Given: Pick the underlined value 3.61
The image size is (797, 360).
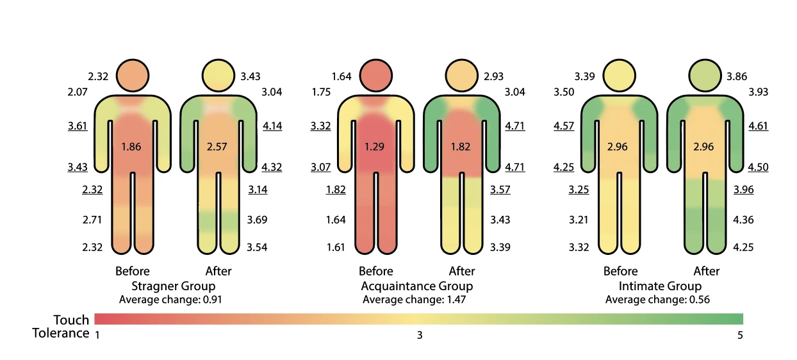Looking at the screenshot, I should tap(78, 126).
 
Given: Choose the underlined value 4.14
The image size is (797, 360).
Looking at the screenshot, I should tap(272, 126).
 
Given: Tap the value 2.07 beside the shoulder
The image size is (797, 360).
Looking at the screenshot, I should tap(78, 92).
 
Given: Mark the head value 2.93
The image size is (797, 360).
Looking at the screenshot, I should tap(493, 77).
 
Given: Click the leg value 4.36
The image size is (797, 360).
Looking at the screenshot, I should tap(744, 220).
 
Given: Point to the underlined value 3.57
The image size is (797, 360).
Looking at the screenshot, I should tap(500, 190).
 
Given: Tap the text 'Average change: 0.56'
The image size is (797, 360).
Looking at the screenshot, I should tap(657, 300).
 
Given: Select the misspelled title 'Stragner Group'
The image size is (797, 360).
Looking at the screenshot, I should tap(173, 286).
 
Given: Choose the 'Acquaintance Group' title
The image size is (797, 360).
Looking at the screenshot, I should tap(416, 286).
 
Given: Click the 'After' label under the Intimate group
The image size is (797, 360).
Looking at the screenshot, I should tap(707, 271).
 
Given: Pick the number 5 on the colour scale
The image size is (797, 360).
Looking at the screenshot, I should tap(740, 335).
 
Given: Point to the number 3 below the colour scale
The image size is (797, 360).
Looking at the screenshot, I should tap(420, 335).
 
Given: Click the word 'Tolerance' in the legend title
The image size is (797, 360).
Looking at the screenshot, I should tap(61, 333).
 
